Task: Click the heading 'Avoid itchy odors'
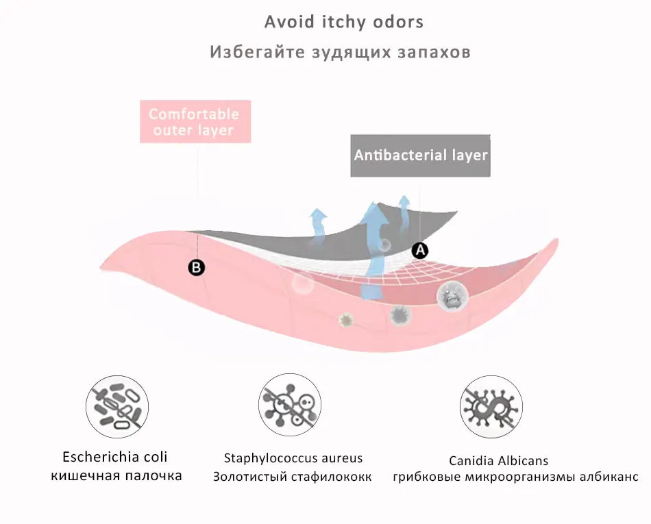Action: pos(344,22)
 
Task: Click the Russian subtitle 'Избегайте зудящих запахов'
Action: pos(340,52)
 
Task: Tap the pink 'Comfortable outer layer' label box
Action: pos(195,122)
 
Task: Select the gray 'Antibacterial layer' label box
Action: pos(420,155)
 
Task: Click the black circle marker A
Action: pos(420,251)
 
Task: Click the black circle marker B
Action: pos(197,268)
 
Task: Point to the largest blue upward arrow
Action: pos(375,247)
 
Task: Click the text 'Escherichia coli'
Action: pos(115,457)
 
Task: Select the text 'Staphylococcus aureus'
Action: pos(293,458)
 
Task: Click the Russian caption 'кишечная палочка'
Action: pos(116,475)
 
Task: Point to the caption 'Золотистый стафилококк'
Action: pos(293,477)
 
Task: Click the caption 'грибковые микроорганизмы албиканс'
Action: pos(515,477)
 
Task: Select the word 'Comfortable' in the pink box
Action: pos(194,114)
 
